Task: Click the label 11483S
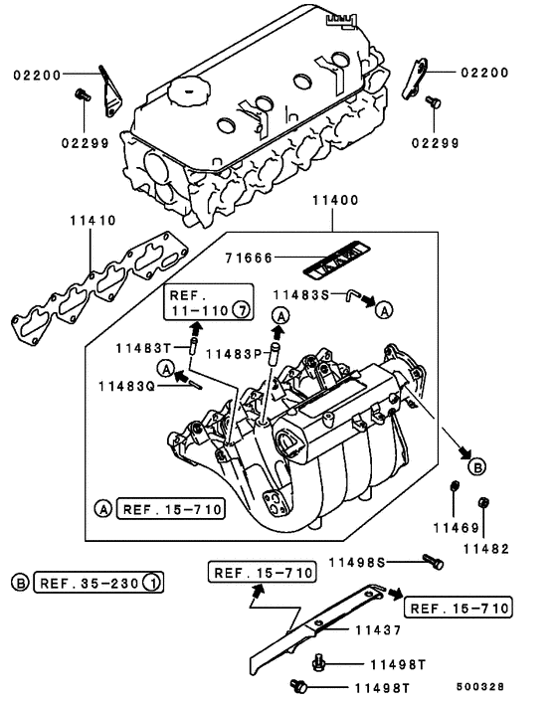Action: click(303, 294)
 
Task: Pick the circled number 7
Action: click(240, 311)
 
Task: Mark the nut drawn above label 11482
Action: click(484, 502)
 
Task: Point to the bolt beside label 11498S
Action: click(433, 561)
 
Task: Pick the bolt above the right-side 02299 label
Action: click(433, 102)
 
